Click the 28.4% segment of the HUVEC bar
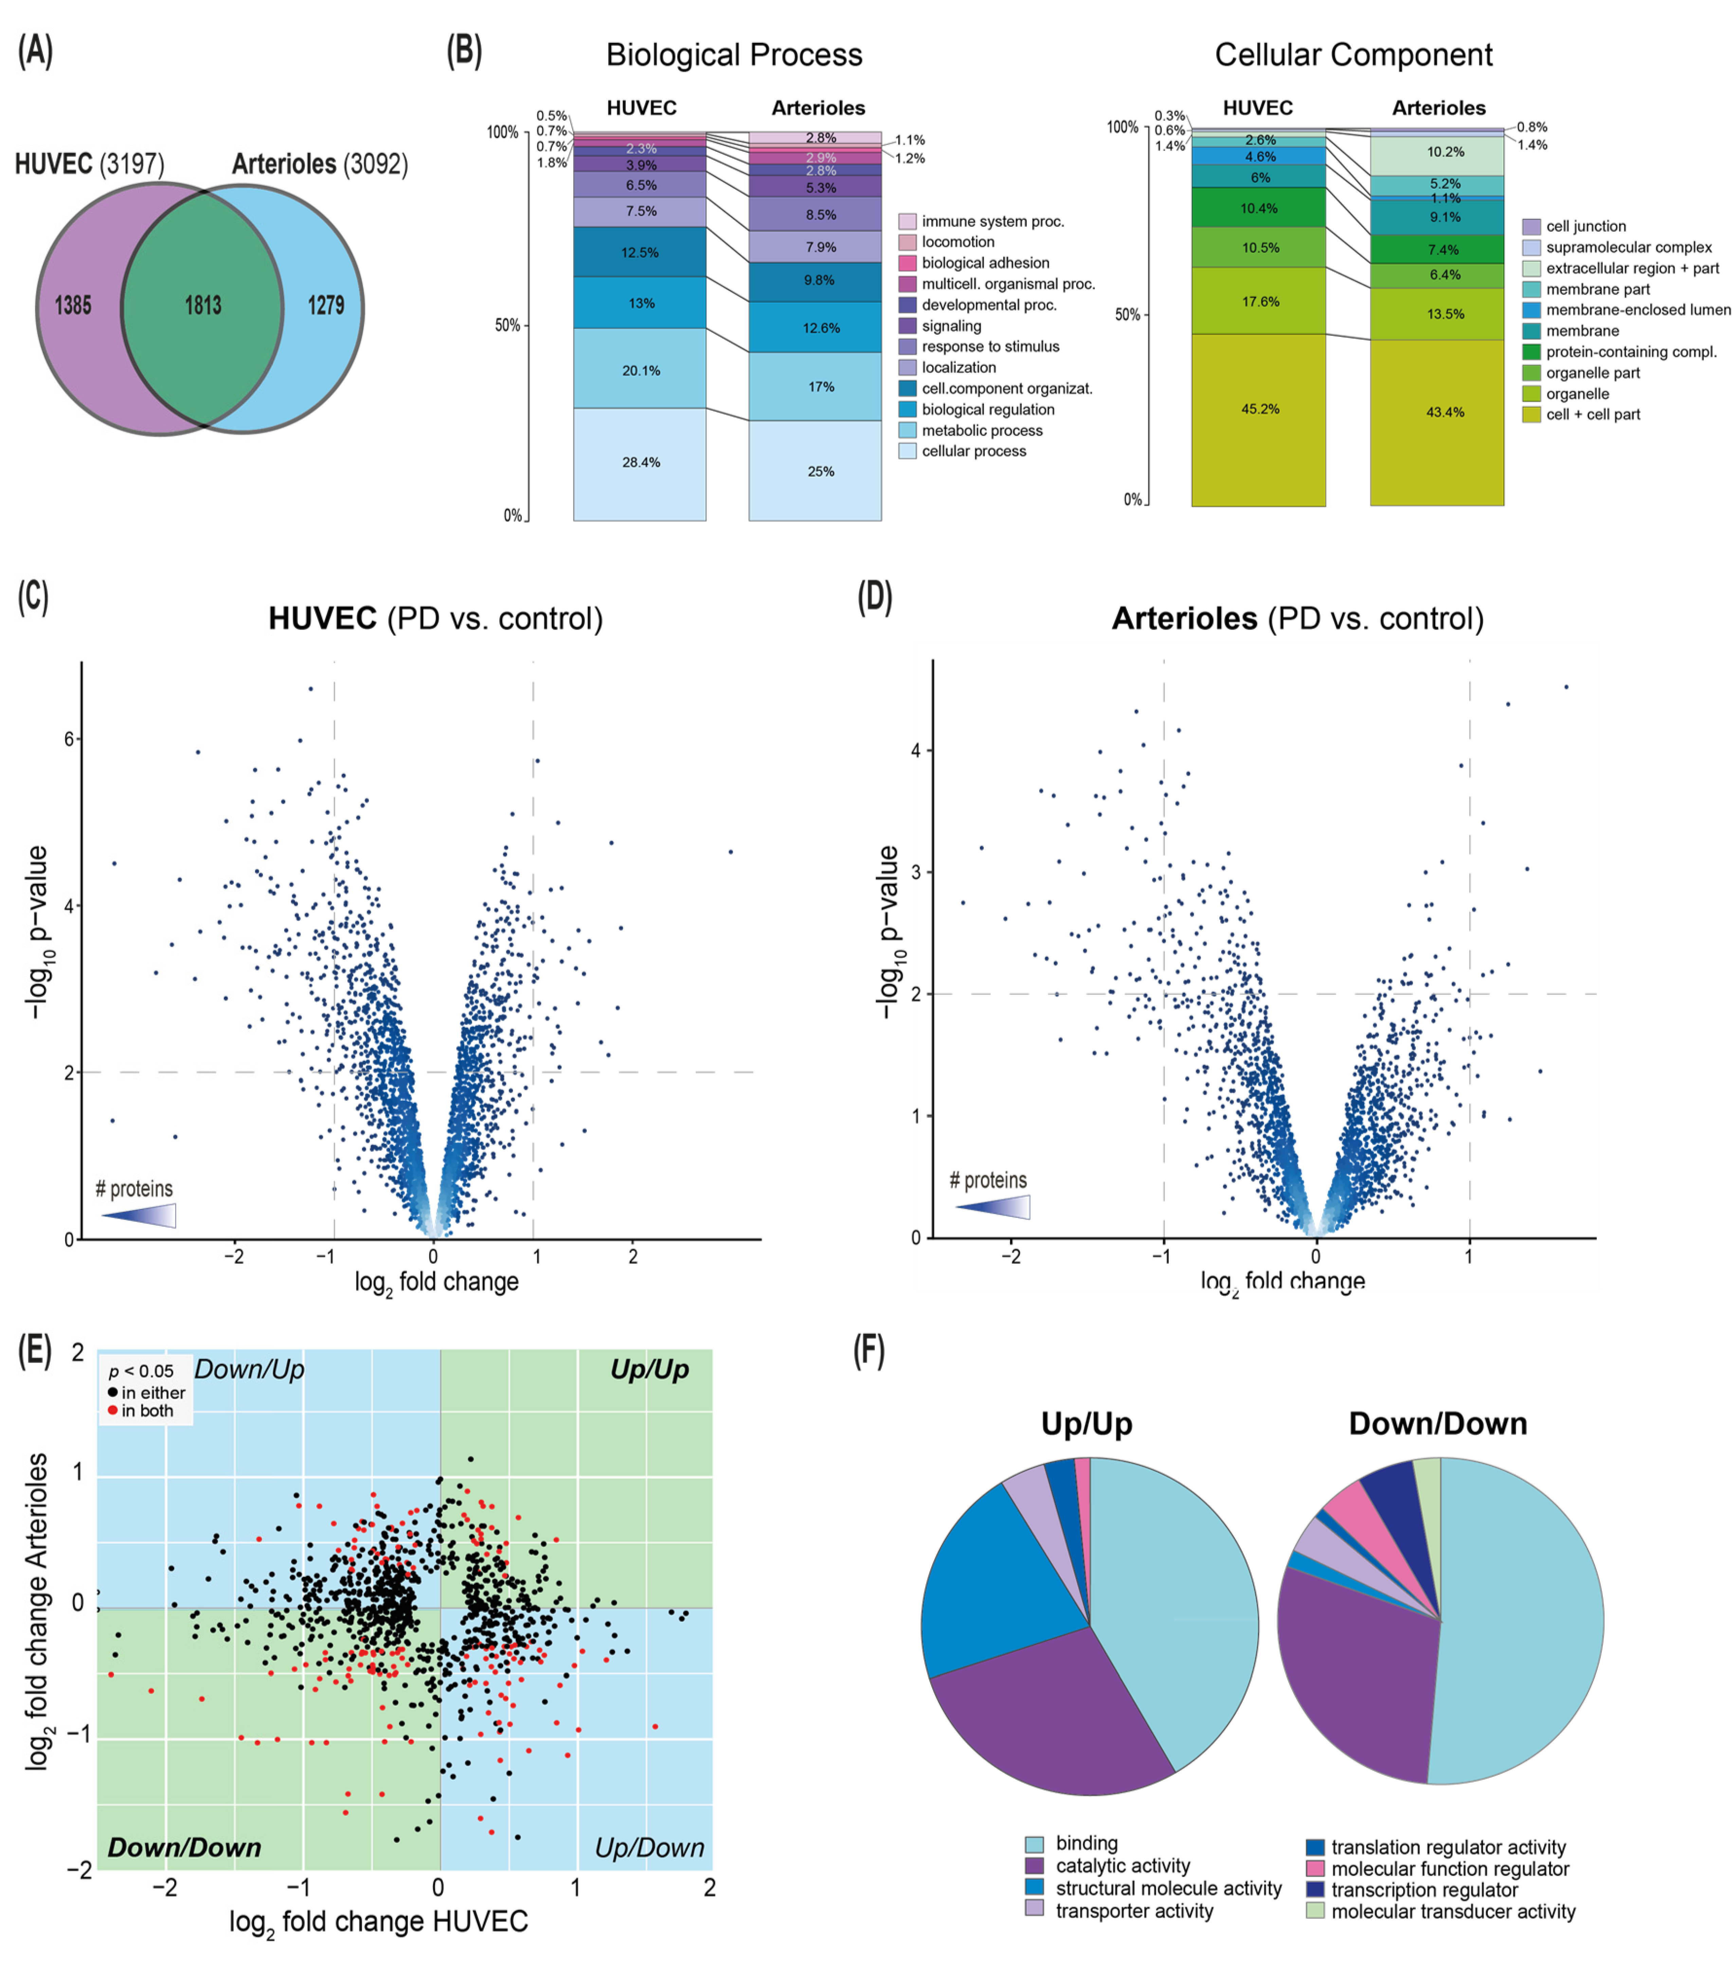point(639,462)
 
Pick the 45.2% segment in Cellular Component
point(1258,409)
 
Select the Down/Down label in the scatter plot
point(184,1847)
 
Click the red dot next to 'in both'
point(113,1410)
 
